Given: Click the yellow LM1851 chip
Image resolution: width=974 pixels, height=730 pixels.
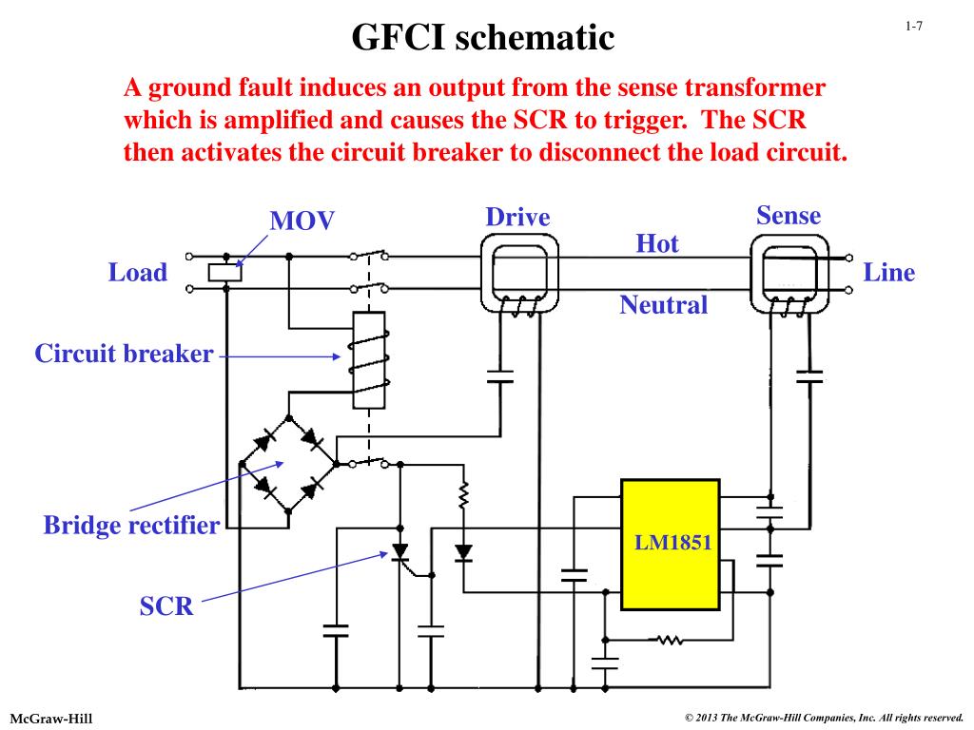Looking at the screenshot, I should [670, 544].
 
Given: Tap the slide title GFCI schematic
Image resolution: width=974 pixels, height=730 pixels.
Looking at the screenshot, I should [483, 38].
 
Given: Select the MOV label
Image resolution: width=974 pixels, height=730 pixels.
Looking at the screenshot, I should [302, 221].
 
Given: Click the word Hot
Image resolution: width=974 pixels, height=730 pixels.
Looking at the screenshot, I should [657, 244].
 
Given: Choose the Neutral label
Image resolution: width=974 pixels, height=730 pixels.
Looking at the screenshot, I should [663, 305].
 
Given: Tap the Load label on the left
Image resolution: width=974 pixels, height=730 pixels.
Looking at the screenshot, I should [137, 273].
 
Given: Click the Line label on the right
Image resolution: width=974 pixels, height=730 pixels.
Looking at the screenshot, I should [888, 273].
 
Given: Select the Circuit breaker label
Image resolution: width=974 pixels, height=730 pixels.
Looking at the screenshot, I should [124, 355].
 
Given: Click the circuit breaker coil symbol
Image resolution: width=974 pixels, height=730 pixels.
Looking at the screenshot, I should [368, 360].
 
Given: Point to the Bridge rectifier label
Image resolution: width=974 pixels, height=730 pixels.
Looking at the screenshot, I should [131, 525].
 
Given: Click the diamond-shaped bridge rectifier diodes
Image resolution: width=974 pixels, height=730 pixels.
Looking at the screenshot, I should [288, 465].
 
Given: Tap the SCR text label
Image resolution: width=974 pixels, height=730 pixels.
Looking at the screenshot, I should [166, 606].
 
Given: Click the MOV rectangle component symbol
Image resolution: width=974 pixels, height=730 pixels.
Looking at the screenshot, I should [225, 273].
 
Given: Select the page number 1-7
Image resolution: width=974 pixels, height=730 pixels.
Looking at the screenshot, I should [913, 27].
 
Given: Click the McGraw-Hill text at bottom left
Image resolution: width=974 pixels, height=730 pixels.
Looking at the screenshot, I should [51, 716].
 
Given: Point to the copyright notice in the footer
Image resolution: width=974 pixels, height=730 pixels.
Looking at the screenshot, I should [824, 717].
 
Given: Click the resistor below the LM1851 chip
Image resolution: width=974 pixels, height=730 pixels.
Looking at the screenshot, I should [671, 640].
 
